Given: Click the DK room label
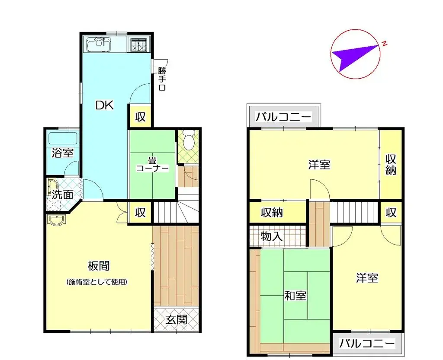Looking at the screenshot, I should pos(104,105).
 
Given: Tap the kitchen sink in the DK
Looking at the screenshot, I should pos(99,45).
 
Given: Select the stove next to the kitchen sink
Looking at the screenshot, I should pos(138,45).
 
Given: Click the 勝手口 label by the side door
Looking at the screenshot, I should pos(162,79).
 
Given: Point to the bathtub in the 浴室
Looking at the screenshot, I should pos(63,139).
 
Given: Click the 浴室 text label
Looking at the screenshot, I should pos(63,153).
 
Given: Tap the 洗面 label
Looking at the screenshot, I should pos(63,194).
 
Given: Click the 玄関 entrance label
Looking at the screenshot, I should pos(177,320).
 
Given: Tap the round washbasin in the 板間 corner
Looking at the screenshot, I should pos(55,221).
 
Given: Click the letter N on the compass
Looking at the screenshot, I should pos(384,43).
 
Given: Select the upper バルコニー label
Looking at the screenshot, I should pos(283,117).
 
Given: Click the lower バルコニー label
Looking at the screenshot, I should pos(367,344).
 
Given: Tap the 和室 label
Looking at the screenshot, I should pos(295,296).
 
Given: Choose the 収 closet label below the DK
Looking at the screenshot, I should pos(140,117).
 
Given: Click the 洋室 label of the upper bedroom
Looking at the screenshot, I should pos(320,165).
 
